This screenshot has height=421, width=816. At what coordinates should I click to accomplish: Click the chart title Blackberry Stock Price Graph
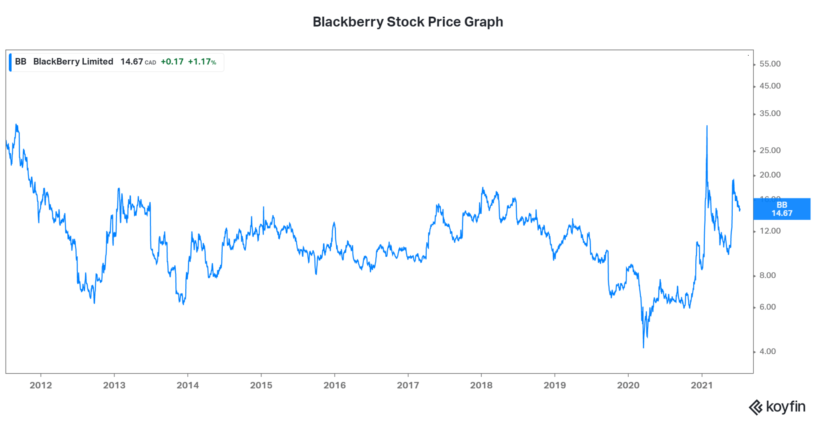point(408,22)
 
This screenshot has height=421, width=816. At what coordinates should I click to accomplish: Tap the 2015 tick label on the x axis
point(261,385)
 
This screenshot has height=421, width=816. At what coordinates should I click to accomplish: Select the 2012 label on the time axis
point(41,385)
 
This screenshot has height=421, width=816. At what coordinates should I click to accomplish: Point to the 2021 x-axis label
point(701,385)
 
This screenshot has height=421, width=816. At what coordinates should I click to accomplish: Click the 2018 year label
point(481,385)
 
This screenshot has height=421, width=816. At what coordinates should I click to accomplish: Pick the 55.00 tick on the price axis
point(770,64)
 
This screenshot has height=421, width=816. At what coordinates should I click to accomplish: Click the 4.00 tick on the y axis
point(767,351)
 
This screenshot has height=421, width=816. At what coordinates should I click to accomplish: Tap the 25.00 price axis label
point(770,150)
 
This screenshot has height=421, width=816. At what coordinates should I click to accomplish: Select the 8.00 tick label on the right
point(767,275)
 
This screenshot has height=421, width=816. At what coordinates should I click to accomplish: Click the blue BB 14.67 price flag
point(782,209)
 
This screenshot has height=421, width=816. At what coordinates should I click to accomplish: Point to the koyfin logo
point(777,407)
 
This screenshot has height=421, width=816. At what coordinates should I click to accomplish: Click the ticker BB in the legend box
point(21,62)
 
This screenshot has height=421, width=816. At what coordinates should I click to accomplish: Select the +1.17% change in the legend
point(202,62)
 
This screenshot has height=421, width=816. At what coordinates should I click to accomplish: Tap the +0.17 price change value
point(172,62)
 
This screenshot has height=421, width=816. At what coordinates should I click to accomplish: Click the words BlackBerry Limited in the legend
point(73,62)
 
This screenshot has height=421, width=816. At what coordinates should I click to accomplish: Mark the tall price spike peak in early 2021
point(707,127)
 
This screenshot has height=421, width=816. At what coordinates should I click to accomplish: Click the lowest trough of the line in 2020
point(643,347)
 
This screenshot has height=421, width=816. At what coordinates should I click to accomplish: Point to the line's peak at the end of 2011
point(16,125)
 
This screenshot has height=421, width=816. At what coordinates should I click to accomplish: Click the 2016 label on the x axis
point(334,385)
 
